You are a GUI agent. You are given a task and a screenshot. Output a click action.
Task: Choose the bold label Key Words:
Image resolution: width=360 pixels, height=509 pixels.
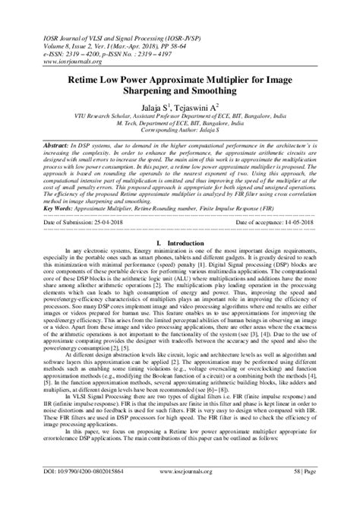41,205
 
